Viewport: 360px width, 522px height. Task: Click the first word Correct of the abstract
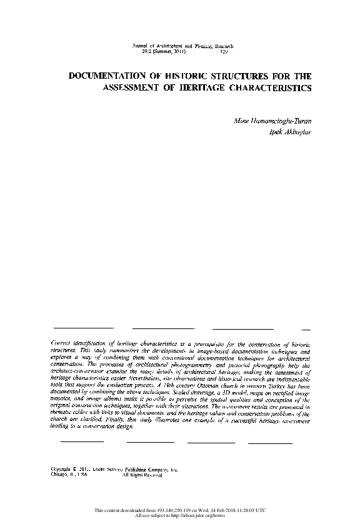pos(61,343)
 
